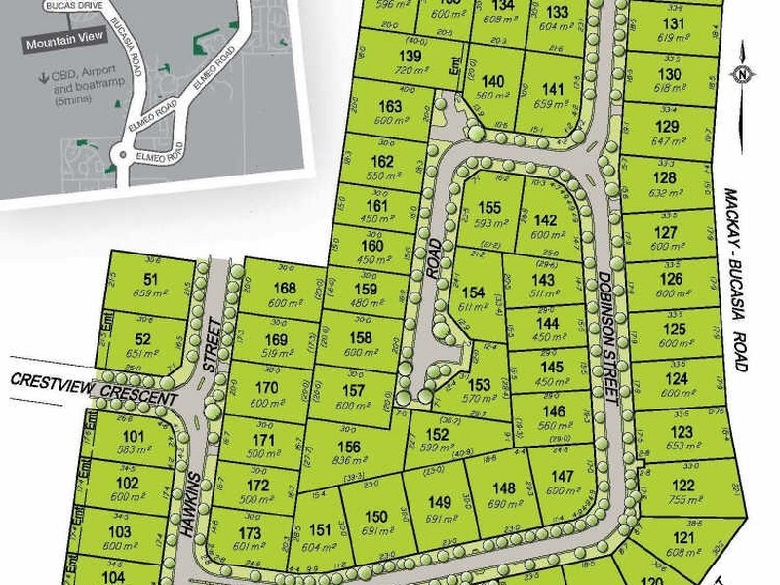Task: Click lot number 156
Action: (x=349, y=446)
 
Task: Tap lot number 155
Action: (x=490, y=206)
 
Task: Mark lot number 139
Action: (x=410, y=58)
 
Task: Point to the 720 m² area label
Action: (x=410, y=73)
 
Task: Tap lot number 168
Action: (x=286, y=287)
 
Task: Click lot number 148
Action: (x=503, y=488)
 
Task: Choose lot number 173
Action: (x=251, y=533)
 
